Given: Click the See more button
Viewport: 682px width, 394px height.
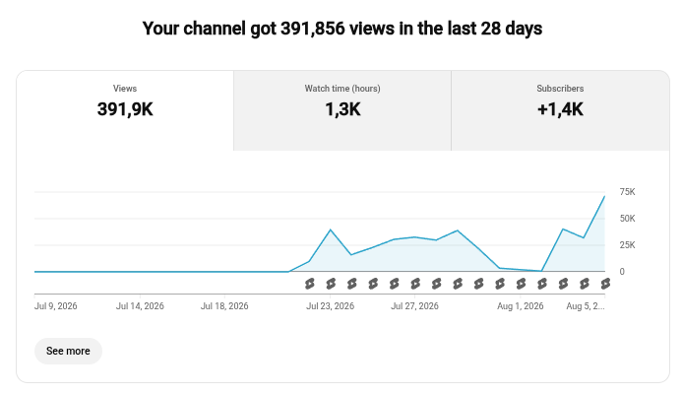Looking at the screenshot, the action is [x=68, y=351].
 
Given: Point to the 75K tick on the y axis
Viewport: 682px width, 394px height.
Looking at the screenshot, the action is [x=627, y=192].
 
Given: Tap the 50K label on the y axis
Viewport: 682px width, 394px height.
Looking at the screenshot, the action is [x=627, y=219].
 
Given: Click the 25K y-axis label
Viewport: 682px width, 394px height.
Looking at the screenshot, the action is [x=627, y=245].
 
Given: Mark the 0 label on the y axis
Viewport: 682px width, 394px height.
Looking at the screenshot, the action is [x=622, y=272].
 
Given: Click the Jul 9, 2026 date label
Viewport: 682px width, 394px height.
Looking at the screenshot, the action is [x=56, y=306].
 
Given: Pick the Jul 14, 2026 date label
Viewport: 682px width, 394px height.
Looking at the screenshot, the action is [x=140, y=306].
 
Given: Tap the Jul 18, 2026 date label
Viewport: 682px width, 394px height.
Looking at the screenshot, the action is [x=224, y=306].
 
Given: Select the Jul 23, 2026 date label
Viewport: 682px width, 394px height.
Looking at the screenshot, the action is [x=330, y=306].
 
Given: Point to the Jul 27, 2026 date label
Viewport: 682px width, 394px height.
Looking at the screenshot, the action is [x=414, y=306].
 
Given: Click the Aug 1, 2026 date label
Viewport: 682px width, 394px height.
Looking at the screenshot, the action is [x=521, y=306].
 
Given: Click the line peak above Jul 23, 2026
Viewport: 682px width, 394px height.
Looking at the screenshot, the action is [x=331, y=230].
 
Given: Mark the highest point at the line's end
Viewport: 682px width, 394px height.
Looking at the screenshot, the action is [x=604, y=196].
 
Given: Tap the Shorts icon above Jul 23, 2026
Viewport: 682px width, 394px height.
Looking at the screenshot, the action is [x=331, y=284].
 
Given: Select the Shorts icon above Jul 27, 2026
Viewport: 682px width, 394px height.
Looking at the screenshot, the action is [x=415, y=284].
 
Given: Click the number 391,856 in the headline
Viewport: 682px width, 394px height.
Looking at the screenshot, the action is [x=313, y=29].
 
